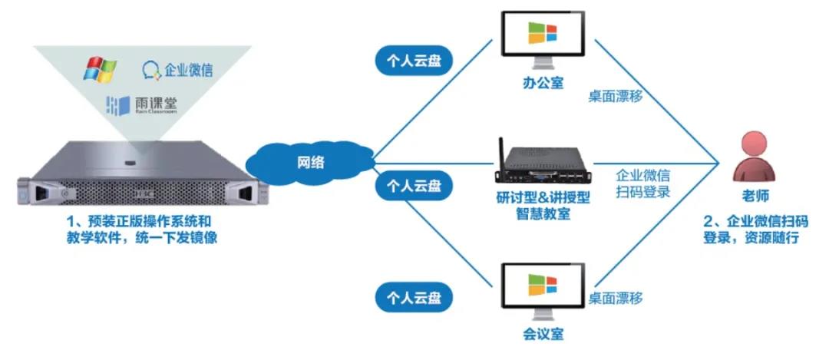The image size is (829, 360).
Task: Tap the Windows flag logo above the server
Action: [x=99, y=68]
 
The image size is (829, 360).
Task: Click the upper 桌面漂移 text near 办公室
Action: [x=616, y=97]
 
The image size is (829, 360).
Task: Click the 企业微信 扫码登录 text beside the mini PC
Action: [x=643, y=184]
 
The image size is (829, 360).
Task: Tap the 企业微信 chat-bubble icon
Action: [x=151, y=71]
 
